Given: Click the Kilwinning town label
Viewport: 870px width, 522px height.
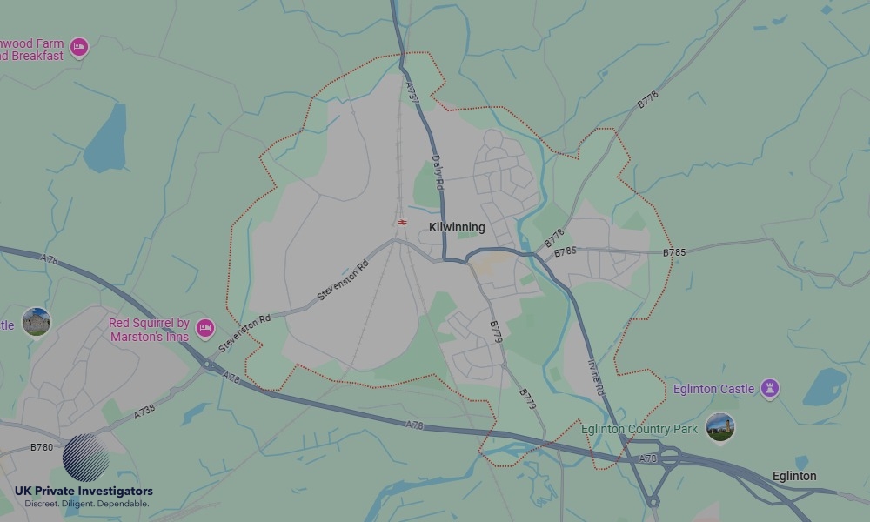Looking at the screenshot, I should tap(457, 227).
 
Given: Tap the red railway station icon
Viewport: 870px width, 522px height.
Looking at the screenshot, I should tap(403, 222).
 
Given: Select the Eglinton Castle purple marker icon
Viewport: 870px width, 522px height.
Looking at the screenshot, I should tap(769, 388).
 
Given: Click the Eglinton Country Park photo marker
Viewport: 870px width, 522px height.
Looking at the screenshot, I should tap(719, 427).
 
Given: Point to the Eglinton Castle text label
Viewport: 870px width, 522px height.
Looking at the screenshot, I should tap(713, 389).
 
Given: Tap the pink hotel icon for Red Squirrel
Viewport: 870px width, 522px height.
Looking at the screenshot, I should tap(205, 328).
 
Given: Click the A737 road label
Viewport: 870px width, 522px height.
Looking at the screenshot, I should tap(413, 93).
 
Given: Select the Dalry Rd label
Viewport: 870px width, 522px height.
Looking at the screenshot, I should tap(438, 173).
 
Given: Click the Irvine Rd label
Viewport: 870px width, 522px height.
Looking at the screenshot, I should tap(596, 378).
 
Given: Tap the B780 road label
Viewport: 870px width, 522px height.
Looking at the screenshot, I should tap(41, 447).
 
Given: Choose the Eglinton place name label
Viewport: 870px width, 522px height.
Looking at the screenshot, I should tap(794, 476).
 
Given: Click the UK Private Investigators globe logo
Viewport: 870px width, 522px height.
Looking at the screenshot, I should tap(86, 457).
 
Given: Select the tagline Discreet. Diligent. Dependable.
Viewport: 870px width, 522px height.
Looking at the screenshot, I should tap(87, 504).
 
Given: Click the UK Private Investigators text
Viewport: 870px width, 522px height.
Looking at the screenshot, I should tap(84, 491).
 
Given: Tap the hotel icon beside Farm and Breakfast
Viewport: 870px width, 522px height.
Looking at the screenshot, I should tap(79, 47).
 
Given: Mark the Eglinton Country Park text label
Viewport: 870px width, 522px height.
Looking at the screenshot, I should tap(639, 429).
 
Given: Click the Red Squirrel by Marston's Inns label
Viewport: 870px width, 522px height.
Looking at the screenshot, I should tap(149, 330).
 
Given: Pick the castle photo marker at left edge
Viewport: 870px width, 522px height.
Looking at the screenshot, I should tap(36, 322).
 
